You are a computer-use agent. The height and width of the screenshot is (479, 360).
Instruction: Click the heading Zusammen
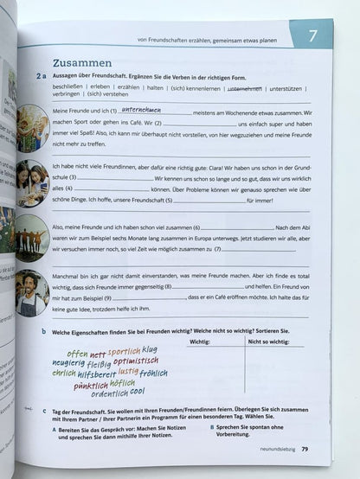pyautogui.click(x=82, y=62)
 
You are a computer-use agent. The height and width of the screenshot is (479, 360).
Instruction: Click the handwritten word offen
pyautogui.click(x=77, y=354)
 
